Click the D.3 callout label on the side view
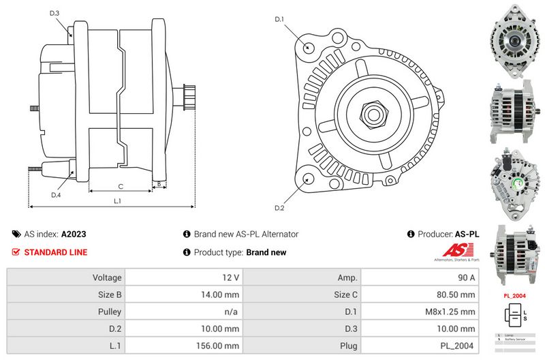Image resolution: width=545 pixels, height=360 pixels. [x=54, y=13]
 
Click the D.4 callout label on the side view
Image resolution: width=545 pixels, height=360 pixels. [x=56, y=195]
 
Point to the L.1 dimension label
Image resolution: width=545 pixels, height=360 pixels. [x=116, y=200]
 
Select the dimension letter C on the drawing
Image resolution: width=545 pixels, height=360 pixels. [x=121, y=185]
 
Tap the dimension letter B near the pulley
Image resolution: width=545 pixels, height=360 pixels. [x=159, y=184]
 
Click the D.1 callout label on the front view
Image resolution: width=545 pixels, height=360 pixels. [x=279, y=19]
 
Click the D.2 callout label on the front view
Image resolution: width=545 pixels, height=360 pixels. [x=279, y=207]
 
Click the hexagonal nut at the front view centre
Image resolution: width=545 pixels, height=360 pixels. [x=373, y=113]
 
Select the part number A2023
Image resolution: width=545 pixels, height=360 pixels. [x=74, y=234]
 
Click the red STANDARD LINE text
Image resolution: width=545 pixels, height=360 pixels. [x=56, y=252]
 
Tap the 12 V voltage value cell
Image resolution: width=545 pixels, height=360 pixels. [x=231, y=277]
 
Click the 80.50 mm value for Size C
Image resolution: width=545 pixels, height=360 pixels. [x=456, y=295]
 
